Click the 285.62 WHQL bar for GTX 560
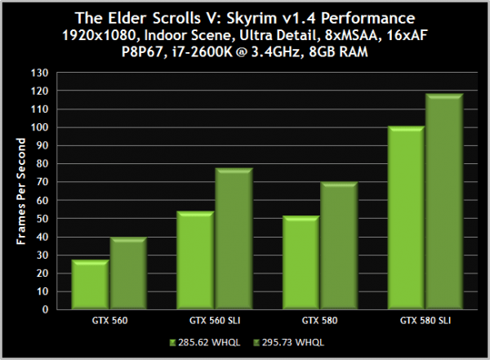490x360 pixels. click(x=89, y=286)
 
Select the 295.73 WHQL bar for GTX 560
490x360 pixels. click(x=127, y=274)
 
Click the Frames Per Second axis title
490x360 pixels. click(x=22, y=191)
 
